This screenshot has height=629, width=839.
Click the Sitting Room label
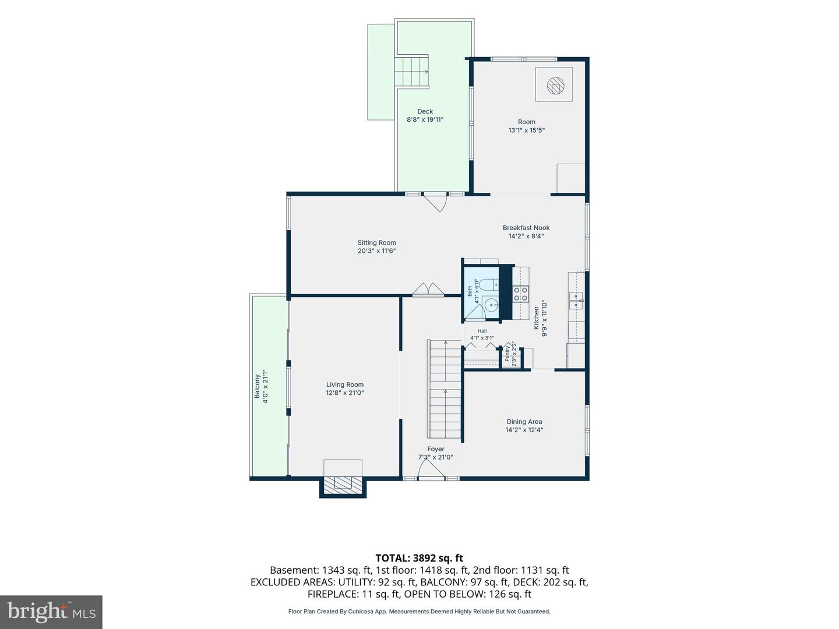tap(376, 242)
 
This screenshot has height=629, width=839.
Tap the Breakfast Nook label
tap(526, 228)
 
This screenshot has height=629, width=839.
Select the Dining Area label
tap(524, 422)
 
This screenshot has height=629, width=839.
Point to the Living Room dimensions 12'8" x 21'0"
tap(344, 393)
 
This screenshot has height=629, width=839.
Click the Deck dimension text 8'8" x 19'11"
tap(425, 119)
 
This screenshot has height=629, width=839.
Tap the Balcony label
tap(258, 386)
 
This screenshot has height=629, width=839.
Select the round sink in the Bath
tap(491, 306)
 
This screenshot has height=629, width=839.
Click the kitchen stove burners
tap(520, 294)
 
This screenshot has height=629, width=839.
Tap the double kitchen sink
tap(576, 301)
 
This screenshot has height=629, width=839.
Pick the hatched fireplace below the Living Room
tap(343, 483)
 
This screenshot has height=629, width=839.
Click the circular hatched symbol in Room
tap(555, 85)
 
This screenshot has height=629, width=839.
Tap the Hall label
tap(482, 331)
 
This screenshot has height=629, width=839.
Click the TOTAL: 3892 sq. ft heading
tap(419, 558)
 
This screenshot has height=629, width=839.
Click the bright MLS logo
tap(51, 612)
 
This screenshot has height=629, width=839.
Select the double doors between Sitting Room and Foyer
tap(428, 289)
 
